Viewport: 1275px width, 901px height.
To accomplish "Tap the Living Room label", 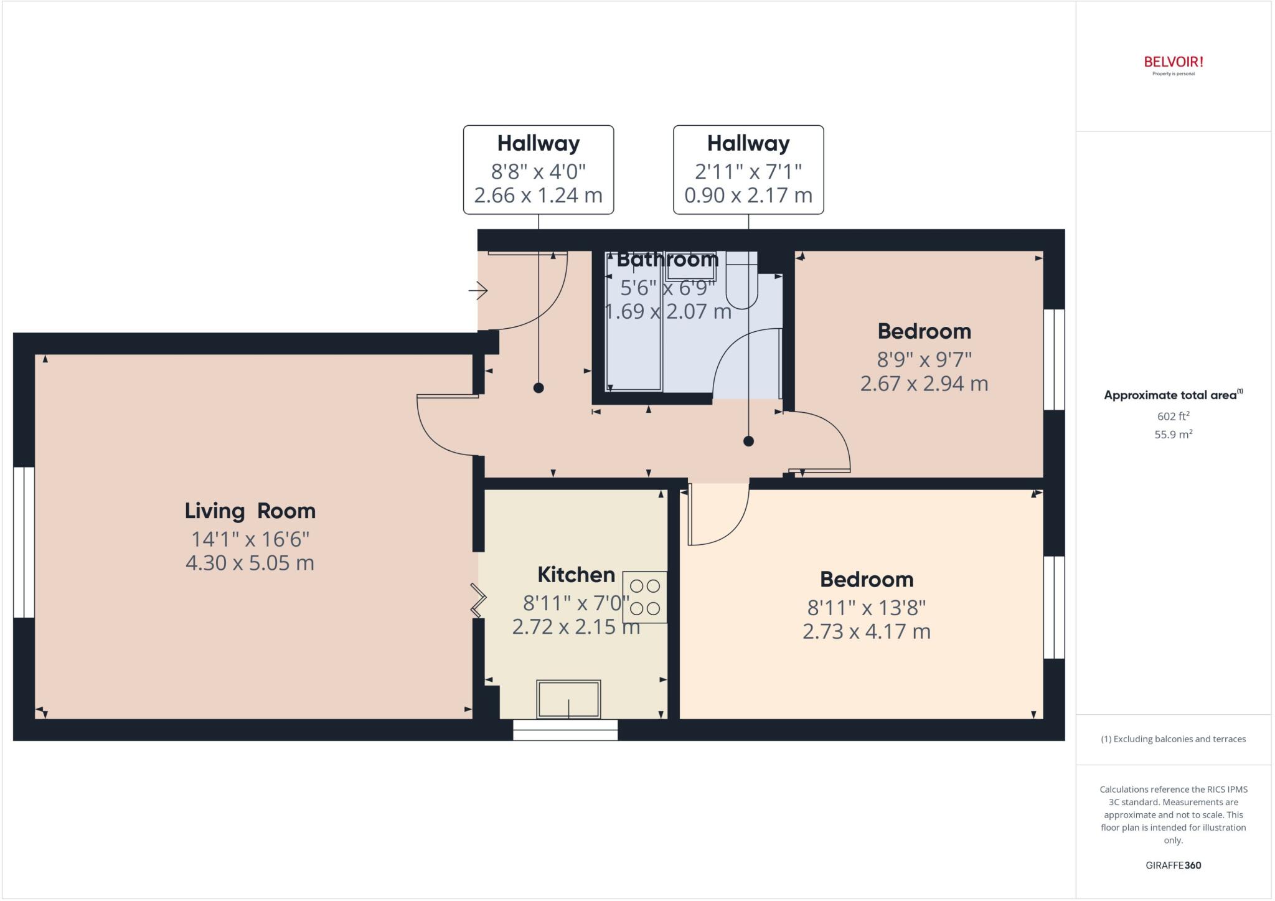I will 250,511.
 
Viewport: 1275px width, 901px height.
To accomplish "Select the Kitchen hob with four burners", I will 645,597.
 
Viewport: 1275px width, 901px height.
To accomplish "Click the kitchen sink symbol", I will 568,699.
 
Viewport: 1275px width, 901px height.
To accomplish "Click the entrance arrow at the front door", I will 478,290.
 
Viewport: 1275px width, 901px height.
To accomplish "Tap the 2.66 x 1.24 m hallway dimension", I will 538,196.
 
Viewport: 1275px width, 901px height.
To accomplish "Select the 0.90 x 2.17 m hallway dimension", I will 748,196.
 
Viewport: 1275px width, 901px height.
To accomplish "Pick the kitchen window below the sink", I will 565,730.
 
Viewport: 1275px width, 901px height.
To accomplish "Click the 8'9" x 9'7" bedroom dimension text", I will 924,359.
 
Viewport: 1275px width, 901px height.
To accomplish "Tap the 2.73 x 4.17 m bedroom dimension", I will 866,631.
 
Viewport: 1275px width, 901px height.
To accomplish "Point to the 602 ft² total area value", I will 1173,417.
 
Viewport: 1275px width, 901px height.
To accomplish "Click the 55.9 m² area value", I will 1173,435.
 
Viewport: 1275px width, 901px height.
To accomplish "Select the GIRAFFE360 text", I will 1173,865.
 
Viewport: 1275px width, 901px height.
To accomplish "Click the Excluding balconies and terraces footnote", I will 1173,739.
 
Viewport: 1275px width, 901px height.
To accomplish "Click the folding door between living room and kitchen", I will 478,600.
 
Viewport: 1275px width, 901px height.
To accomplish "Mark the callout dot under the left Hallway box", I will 539,388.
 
